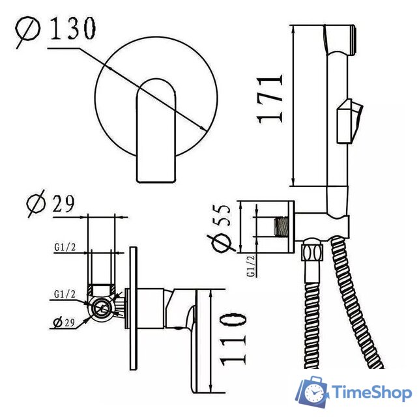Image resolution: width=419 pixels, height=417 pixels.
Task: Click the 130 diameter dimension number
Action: (72, 28)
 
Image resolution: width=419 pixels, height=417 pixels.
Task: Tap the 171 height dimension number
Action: (270, 100)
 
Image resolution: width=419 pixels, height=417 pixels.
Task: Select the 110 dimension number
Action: (233, 339)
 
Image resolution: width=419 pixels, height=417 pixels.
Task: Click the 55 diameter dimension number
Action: (222, 215)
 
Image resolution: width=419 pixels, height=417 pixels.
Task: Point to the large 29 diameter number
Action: (63, 204)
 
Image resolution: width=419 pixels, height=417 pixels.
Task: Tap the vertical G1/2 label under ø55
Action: (251, 265)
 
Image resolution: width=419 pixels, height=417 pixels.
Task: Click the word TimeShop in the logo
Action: (371, 393)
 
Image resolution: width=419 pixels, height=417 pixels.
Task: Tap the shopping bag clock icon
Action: (312, 392)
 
